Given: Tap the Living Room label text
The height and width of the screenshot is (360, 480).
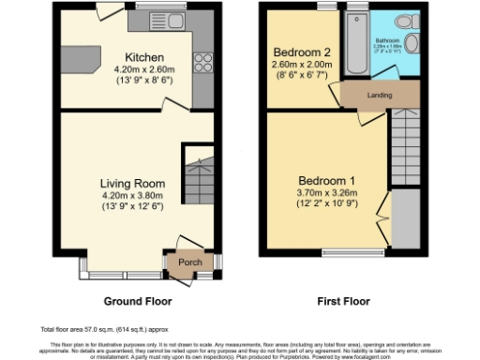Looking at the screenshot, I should [133, 184].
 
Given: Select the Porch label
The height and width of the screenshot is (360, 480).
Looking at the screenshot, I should [190, 262].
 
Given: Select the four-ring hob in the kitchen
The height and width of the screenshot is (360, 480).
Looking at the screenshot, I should [202, 64].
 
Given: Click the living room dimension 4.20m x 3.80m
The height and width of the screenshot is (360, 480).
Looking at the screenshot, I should [133, 195].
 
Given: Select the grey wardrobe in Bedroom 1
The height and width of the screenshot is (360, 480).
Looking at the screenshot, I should [404, 215].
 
